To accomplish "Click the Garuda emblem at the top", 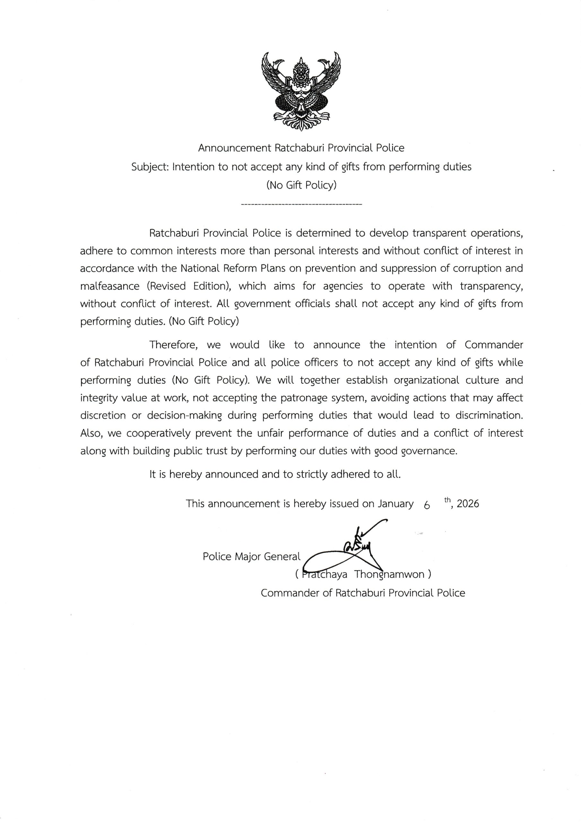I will [301, 91].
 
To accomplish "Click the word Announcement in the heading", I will [234, 148].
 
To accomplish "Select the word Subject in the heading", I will [150, 167].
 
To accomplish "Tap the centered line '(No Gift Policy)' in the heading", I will [301, 186].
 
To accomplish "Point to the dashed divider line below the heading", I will [301, 205].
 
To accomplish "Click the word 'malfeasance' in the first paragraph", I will [109, 286].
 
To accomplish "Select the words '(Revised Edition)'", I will [187, 286].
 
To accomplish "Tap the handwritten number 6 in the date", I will [426, 505].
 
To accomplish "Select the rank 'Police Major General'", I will [251, 557].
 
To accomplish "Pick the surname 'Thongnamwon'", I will [389, 575].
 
